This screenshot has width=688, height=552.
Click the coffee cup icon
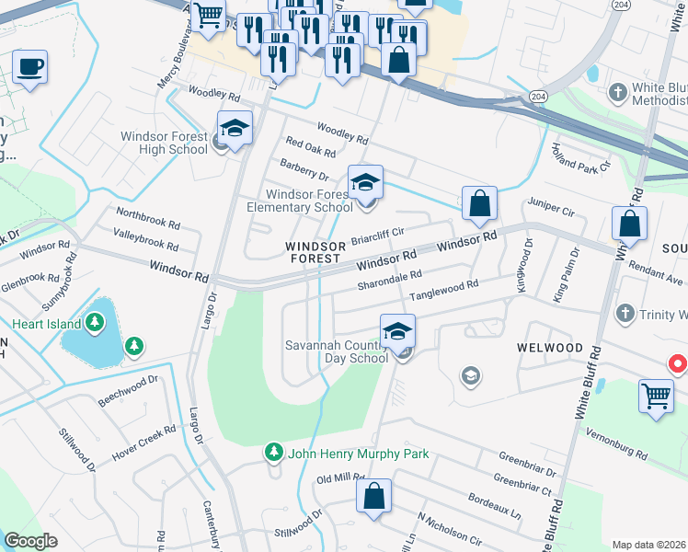click(x=29, y=67)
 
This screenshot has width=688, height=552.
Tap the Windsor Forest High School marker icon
click(x=235, y=127)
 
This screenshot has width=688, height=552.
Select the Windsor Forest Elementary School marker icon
click(x=365, y=181)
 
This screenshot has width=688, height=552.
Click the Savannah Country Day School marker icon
click(x=397, y=330)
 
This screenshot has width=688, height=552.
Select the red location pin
click(x=678, y=365)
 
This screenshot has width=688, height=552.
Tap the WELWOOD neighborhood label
click(x=550, y=348)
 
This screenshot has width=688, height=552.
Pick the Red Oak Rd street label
click(x=310, y=146)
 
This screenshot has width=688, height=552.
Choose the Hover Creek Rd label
click(x=143, y=443)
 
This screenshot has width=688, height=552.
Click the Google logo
click(x=30, y=541)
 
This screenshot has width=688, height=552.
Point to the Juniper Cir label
click(x=551, y=207)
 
